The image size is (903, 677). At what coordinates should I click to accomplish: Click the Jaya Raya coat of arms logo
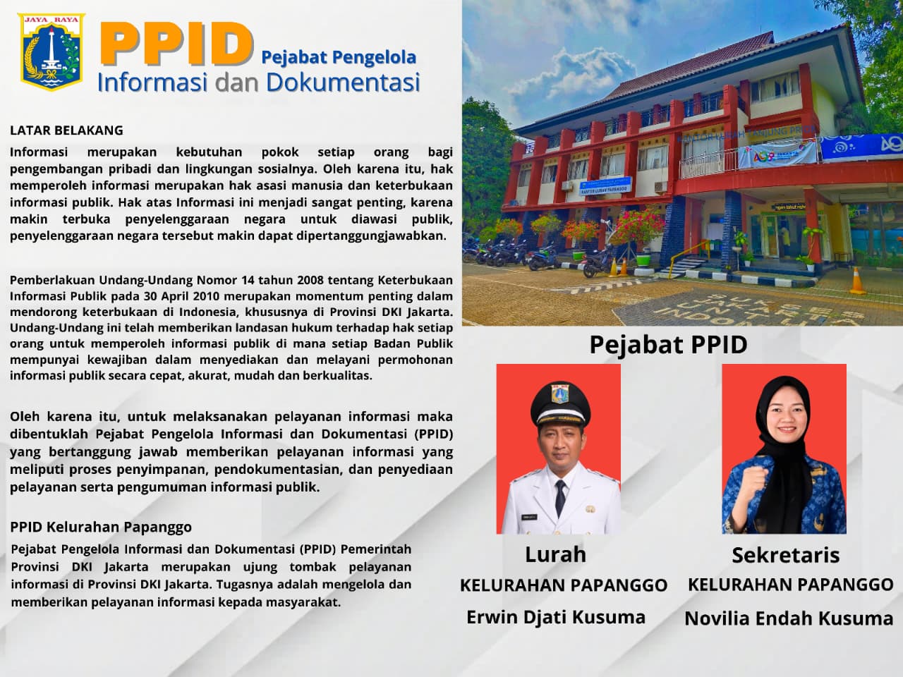pos(51,51)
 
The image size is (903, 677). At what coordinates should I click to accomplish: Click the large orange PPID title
pos(177,44)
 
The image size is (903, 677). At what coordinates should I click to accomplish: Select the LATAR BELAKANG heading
pos(66,130)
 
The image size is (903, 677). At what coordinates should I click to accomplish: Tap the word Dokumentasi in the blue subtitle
pos(343,83)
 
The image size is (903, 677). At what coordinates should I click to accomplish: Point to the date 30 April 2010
pos(182,296)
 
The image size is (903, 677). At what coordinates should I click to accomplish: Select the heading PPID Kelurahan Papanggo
pos(101,527)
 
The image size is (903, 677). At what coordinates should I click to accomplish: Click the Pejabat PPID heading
pos(669,344)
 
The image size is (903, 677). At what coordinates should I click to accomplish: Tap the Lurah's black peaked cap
pos(560,403)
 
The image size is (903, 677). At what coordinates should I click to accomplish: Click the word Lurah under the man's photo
pos(555,554)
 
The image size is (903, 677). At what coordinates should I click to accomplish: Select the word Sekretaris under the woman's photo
pos(786,555)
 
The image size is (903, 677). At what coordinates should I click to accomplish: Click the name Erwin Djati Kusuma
pos(556,617)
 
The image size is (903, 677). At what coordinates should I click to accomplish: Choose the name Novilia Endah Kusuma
pos(789,618)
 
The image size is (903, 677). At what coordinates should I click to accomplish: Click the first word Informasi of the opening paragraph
pos(39,152)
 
